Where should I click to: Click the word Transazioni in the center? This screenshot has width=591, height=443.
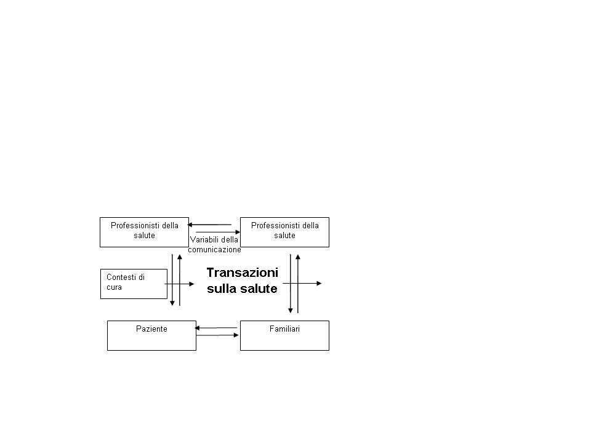pos(243,273)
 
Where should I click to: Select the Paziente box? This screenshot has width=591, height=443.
pos(151,336)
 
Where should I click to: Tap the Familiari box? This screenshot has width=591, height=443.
pos(284,336)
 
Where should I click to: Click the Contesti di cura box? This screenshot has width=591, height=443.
pos(134,284)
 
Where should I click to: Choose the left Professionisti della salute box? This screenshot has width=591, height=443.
pos(144,232)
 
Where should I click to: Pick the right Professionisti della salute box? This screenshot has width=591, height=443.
pos(284,232)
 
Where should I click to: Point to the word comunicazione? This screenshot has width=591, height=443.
pos(214,249)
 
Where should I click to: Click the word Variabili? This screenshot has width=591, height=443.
pos(204,239)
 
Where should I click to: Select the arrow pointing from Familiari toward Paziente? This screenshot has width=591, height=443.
pos(216,328)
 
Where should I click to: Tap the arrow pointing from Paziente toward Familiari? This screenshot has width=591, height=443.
pos(217,335)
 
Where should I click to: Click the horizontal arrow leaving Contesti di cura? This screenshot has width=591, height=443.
pos(179,284)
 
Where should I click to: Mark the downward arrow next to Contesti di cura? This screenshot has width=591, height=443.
pos(172,280)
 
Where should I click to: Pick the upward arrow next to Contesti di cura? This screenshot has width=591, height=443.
pos(180,280)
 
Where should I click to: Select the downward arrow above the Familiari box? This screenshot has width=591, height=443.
pos(291,284)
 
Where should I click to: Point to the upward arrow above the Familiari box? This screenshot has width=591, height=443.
pos(298,284)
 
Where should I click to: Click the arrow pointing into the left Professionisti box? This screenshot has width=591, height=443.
pos(209,225)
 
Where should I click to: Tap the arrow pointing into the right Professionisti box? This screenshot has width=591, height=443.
pos(218,232)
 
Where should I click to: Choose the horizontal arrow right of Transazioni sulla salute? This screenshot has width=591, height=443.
pos(302,283)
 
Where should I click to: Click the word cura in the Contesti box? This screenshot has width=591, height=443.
pos(115,287)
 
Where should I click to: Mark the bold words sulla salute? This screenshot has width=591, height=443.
pos(242,289)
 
